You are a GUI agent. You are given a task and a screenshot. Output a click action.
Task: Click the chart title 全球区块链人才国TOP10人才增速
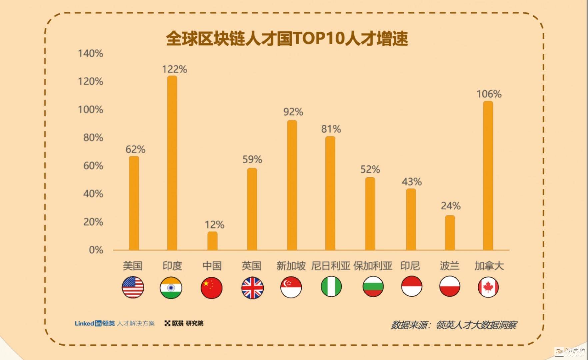(x=287, y=39)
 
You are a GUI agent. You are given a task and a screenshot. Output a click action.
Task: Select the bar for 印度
(x=172, y=163)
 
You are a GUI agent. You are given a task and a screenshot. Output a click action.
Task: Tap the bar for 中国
(x=212, y=241)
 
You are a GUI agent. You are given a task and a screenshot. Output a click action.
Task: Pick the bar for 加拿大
(x=488, y=176)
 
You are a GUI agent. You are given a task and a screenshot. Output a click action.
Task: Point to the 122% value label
(x=174, y=69)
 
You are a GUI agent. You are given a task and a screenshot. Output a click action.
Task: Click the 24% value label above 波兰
(x=451, y=206)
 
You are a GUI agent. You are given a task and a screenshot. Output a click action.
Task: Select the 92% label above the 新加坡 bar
(x=293, y=112)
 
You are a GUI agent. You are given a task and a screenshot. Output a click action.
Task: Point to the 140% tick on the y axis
(x=90, y=53)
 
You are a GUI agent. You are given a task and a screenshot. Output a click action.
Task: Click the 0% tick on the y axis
(x=96, y=250)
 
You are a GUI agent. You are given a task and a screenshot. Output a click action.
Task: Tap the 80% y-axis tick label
(x=93, y=138)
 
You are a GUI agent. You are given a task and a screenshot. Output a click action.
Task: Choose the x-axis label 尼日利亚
(x=331, y=266)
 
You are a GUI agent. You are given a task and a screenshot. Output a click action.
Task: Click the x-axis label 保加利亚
(x=373, y=266)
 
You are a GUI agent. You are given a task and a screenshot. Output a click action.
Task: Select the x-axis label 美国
(x=133, y=266)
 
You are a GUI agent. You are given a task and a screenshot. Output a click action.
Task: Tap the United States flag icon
(x=133, y=287)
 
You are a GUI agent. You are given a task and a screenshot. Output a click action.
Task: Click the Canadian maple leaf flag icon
(x=488, y=287)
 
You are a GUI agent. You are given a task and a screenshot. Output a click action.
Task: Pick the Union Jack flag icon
(x=252, y=288)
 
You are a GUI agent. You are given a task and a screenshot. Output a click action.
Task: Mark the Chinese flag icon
(x=211, y=288)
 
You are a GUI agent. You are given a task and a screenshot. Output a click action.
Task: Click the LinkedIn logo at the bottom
(x=88, y=323)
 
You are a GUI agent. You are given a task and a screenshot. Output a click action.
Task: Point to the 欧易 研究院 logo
(x=184, y=323)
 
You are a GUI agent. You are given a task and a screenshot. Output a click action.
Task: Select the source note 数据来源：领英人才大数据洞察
(x=453, y=325)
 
